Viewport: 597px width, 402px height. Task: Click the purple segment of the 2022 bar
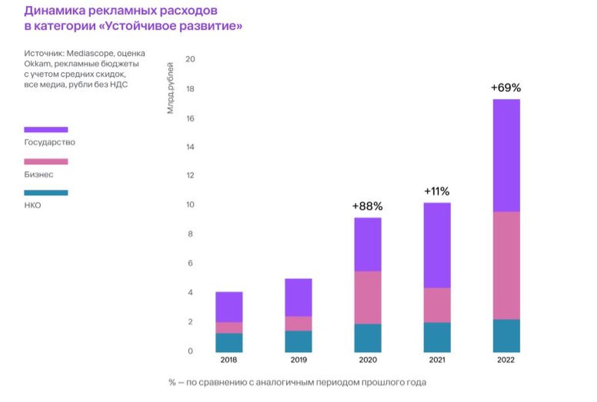[505, 156]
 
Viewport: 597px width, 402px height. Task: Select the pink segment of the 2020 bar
[368, 297]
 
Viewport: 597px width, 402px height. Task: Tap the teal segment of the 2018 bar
[229, 342]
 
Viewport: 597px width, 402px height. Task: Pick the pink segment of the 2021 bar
[437, 305]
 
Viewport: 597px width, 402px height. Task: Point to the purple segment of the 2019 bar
[298, 297]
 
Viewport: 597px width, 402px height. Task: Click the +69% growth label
[505, 88]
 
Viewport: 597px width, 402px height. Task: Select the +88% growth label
[368, 206]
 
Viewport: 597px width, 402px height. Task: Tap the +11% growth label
[437, 191]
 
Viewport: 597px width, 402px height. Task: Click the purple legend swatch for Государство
[46, 130]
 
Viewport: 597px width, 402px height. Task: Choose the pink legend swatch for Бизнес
[46, 161]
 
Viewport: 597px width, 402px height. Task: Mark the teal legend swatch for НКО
[46, 193]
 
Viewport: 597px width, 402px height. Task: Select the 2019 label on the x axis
[298, 360]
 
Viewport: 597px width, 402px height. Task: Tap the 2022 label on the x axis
[505, 360]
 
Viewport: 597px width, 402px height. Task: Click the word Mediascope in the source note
[84, 54]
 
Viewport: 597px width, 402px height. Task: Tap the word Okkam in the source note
[34, 64]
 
